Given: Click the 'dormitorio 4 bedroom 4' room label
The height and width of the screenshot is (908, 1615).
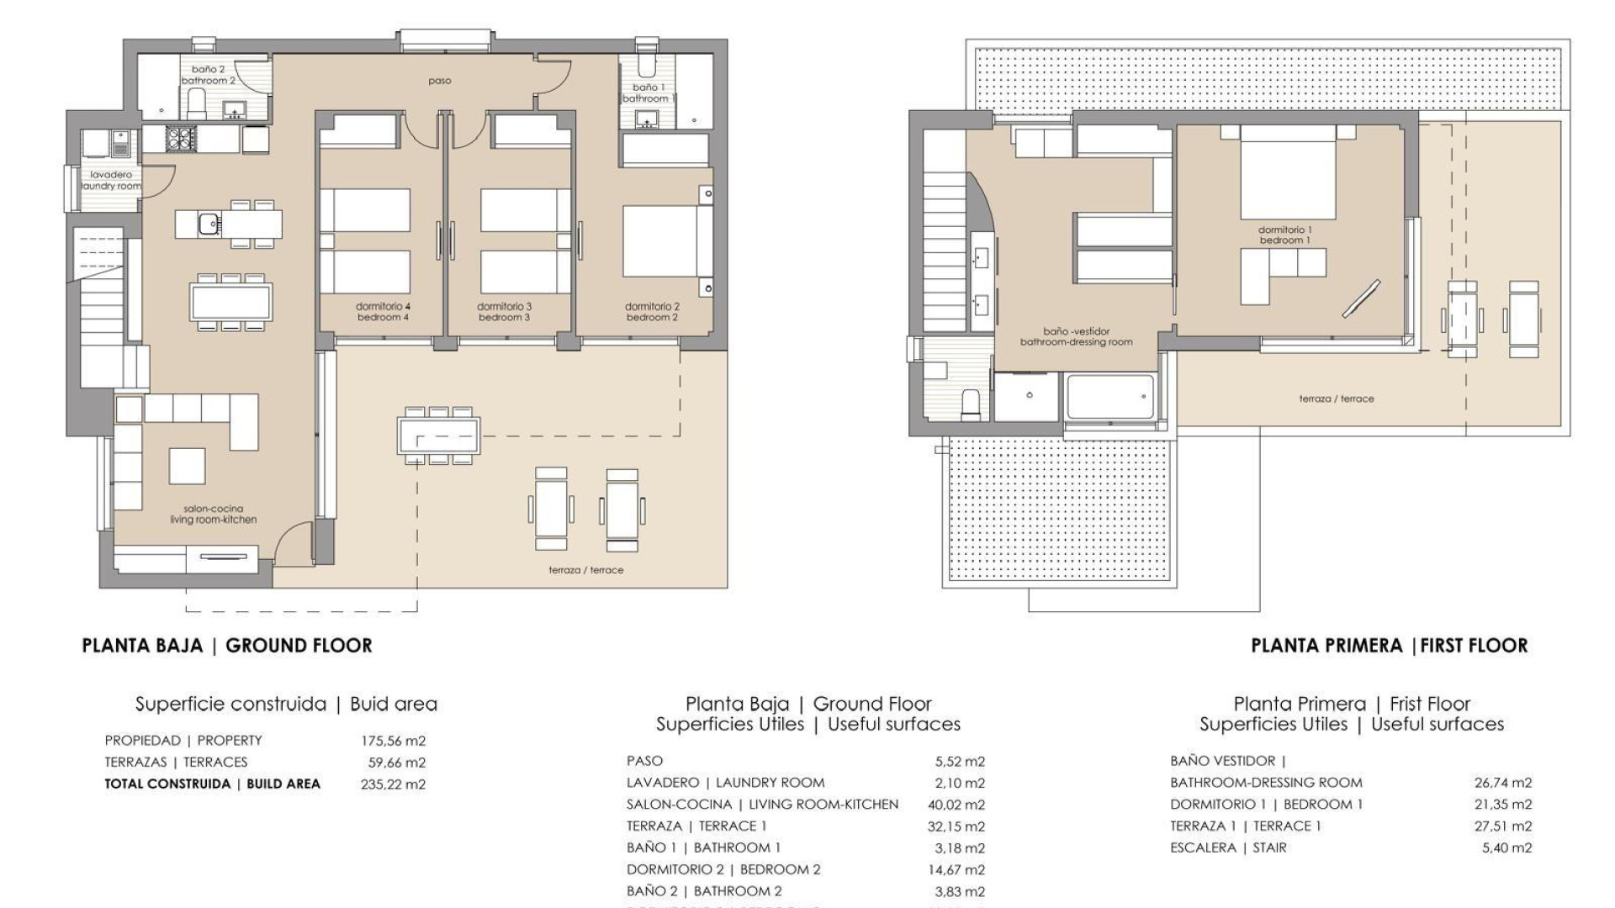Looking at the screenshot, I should coord(383,312).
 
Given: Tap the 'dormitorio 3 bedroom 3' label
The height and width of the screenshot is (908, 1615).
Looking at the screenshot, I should coord(504,312).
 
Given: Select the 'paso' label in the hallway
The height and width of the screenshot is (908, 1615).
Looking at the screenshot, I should coord(439,82).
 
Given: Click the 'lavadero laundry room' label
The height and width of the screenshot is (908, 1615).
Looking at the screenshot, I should coord(111,181).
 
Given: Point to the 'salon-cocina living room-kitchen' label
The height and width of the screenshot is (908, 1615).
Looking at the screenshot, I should coord(214,515).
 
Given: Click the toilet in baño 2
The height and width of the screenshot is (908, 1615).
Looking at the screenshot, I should coord(196,104).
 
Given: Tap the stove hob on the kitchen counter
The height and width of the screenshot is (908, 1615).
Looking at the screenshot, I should coord(180,138).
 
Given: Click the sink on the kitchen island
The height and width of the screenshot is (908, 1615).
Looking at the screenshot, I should coord(209,224).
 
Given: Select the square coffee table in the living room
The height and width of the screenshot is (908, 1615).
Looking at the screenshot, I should coord(187,466).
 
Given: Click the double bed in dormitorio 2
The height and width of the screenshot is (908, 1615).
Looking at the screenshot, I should coord(659,241).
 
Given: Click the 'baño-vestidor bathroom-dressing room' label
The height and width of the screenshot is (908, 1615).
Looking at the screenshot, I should coord(1076,337).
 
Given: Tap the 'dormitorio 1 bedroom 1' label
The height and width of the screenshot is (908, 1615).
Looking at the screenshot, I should coord(1284,235).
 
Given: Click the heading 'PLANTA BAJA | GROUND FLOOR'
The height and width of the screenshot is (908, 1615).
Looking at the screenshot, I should coord(227,646).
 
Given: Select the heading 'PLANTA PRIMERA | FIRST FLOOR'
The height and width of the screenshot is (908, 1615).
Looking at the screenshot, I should coord(1389,646).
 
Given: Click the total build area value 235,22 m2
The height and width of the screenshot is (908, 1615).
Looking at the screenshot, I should coord(393,784).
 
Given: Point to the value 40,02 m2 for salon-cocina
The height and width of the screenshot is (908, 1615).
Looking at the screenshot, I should coord(956,805).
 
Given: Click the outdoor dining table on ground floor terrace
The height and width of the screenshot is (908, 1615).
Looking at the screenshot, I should coord(439,436).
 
